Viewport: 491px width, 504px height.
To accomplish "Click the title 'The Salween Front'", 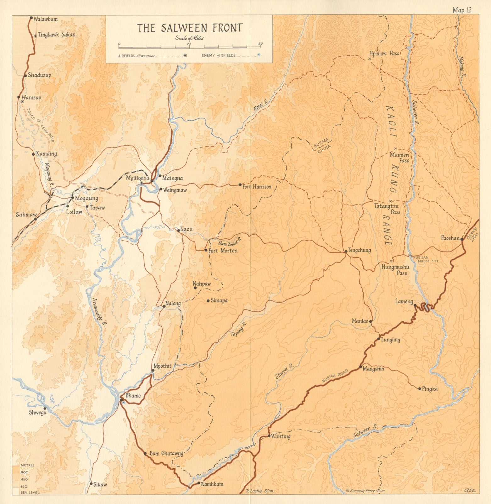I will pos(190,28).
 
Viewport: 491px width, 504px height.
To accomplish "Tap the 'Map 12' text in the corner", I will pos(462,10).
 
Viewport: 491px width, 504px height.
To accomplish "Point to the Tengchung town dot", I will pos(346,251).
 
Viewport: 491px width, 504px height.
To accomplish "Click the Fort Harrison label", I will pos(257,186).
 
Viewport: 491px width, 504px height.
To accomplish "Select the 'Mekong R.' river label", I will pos(463,66).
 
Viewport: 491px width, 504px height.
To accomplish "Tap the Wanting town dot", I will pos(269,436).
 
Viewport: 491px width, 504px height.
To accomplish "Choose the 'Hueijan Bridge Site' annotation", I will pos(426,259).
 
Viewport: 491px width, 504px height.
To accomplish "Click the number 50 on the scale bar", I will pos(260,43).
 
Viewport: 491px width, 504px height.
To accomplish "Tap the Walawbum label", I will pos(46,19).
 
